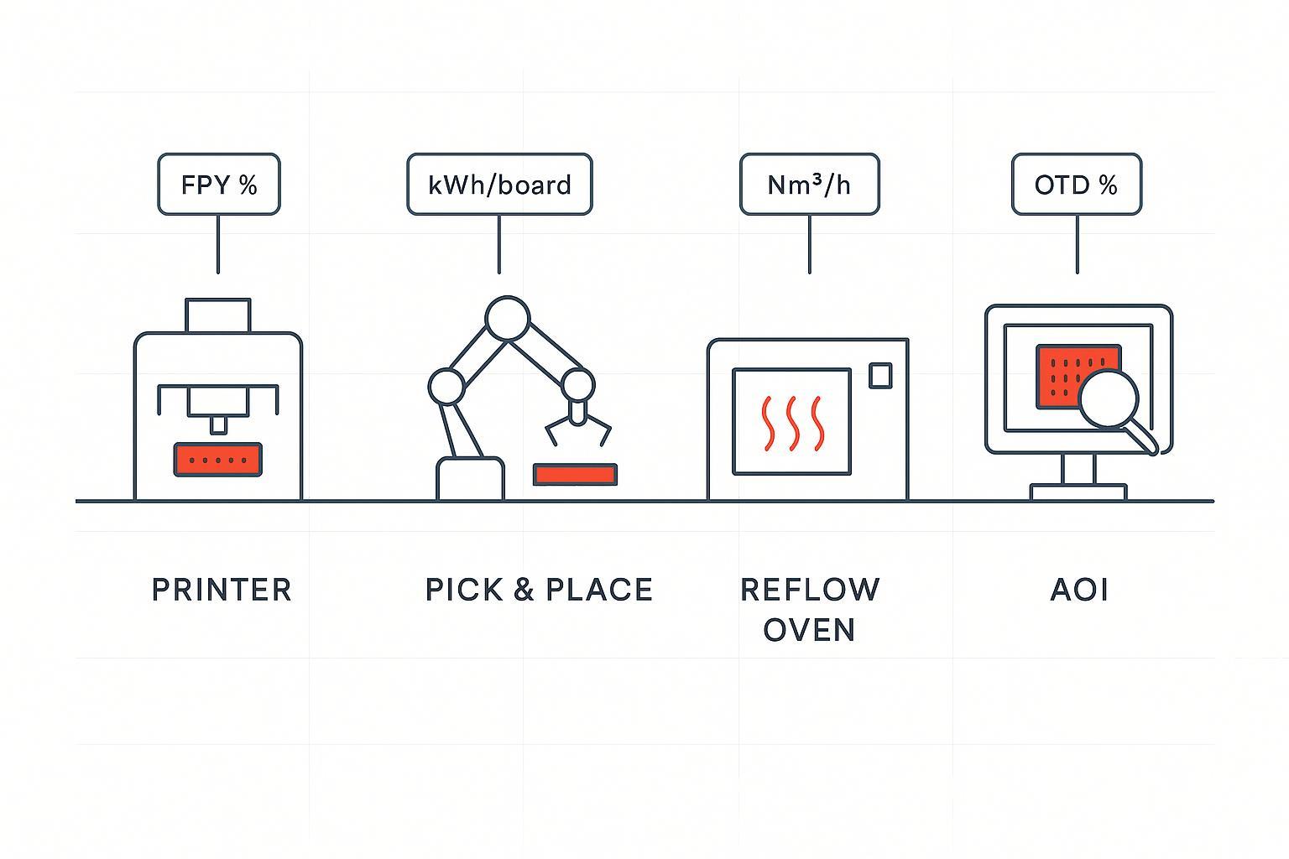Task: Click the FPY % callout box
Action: pyautogui.click(x=219, y=185)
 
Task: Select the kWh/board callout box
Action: pyautogui.click(x=499, y=185)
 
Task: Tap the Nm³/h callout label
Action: pyautogui.click(x=809, y=185)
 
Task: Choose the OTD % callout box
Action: pyautogui.click(x=1076, y=185)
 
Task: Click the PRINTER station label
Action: pyautogui.click(x=222, y=590)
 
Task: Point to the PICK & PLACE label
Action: pyautogui.click(x=539, y=590)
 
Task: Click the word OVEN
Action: pyautogui.click(x=809, y=630)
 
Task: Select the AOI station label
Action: pyautogui.click(x=1079, y=590)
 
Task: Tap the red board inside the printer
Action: pyautogui.click(x=218, y=460)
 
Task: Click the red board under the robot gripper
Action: pyautogui.click(x=575, y=475)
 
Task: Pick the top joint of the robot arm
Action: pyautogui.click(x=507, y=319)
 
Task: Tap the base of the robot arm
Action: pyautogui.click(x=470, y=479)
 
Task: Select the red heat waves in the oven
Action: pyautogui.click(x=792, y=421)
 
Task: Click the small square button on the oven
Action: pyautogui.click(x=880, y=375)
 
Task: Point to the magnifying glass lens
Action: pyautogui.click(x=1109, y=398)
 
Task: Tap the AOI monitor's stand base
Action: pyautogui.click(x=1078, y=492)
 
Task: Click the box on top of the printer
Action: pyautogui.click(x=218, y=315)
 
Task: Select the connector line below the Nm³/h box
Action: pyautogui.click(x=809, y=244)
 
